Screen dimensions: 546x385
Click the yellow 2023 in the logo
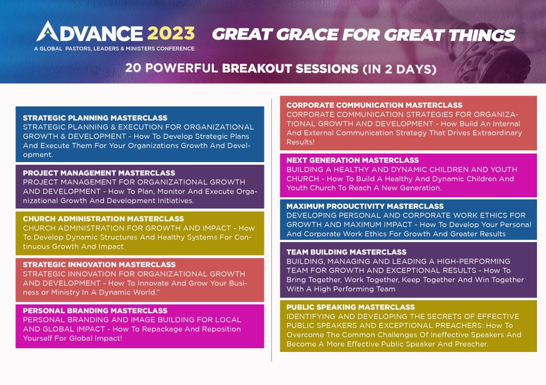coord(171,34)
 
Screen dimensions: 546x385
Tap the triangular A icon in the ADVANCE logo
coord(47,31)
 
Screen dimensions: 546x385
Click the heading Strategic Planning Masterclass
coord(95,118)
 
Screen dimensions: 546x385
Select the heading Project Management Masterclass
coord(99,173)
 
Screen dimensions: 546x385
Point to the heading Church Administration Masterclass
coord(103,219)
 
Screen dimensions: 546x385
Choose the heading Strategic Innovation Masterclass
coord(99,265)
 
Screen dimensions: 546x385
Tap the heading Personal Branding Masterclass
coord(95,311)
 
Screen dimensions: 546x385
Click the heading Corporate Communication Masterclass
coord(374,106)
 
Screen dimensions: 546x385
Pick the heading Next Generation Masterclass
coord(352,161)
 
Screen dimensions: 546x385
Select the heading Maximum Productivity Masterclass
coord(365,206)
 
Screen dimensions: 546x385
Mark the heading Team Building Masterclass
coord(347,252)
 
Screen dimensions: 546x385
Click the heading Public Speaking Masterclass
coord(351,307)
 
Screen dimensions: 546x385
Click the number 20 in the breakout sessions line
coord(133,68)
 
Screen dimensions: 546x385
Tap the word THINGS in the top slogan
coord(481,35)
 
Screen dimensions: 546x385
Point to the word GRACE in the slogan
coord(307,35)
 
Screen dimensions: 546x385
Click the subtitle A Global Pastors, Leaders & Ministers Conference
coord(114,49)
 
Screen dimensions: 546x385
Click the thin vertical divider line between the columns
coord(271,230)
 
